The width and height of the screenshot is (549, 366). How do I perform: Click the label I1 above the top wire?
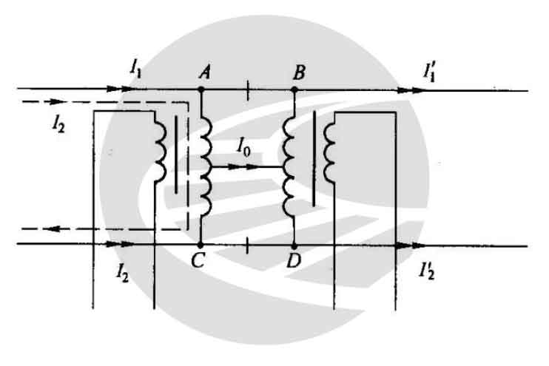(x=135, y=70)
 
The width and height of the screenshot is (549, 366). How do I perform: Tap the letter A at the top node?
(x=205, y=72)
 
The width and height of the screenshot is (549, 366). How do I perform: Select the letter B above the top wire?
(x=299, y=72)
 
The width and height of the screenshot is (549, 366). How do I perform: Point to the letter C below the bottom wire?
(x=198, y=260)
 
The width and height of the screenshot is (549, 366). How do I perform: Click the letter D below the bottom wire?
(x=294, y=260)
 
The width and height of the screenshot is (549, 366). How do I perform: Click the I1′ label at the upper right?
(x=428, y=72)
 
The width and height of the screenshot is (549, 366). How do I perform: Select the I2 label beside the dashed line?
(x=58, y=124)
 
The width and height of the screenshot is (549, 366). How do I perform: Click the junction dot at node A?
(x=201, y=89)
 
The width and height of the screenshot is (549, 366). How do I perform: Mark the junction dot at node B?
(x=294, y=90)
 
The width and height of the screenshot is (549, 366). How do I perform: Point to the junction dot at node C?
(x=201, y=245)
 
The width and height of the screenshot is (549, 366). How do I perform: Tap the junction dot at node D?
(x=294, y=245)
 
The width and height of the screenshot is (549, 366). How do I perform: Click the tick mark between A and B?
(x=248, y=91)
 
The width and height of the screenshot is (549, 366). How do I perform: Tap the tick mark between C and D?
(x=247, y=245)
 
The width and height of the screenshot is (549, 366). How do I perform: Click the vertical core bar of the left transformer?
(x=176, y=155)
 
